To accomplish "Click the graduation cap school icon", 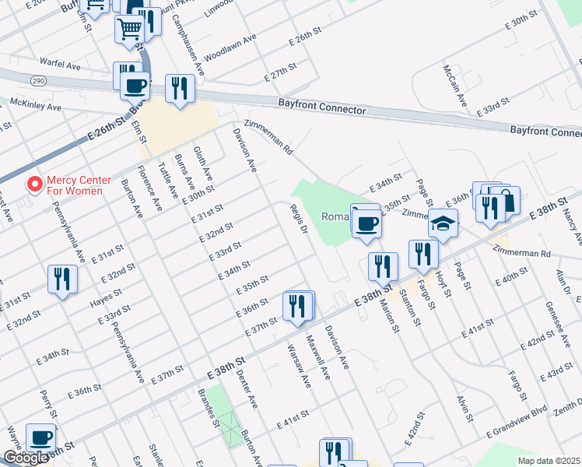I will click(442, 224).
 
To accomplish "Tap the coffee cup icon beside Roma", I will click(366, 223).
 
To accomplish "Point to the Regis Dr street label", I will click(300, 219).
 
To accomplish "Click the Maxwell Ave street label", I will click(318, 357).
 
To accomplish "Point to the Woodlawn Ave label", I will click(230, 48).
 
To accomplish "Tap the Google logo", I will click(26, 458).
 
